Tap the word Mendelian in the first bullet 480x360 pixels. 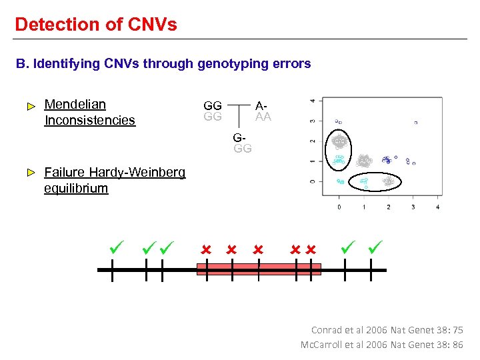pos(75,104)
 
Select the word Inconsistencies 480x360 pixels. pos(89,120)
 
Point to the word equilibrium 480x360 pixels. pos(75,188)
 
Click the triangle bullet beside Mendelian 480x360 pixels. pos(31,106)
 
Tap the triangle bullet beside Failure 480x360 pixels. pos(31,173)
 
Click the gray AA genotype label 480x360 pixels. pos(263,117)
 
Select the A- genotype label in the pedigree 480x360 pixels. pos(261,105)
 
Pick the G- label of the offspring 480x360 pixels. pos(237,137)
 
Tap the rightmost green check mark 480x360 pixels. pos(375,249)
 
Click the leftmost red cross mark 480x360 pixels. pos(206,250)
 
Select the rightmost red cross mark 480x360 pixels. pos(311,250)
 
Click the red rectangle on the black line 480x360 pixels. pos(259,269)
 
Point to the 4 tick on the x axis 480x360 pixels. pos(437,208)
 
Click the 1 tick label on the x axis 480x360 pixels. pos(364,208)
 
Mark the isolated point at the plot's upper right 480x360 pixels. pos(415,122)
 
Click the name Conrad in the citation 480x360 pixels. pos(327,330)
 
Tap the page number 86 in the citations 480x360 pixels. pos(457,345)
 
